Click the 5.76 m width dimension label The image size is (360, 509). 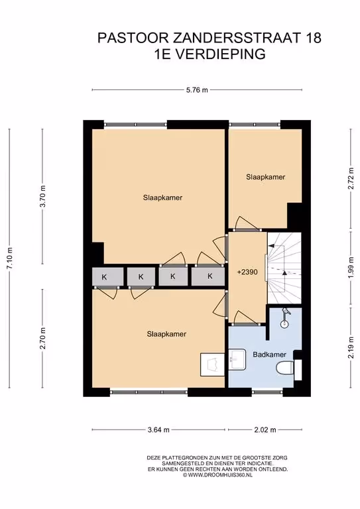(x=197, y=90)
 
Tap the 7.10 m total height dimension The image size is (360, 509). (x=10, y=258)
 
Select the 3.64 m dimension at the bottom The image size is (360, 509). (x=158, y=429)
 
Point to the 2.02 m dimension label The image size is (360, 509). (x=265, y=429)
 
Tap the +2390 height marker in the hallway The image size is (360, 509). (x=248, y=272)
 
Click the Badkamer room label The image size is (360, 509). (x=269, y=355)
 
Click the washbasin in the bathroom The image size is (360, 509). (x=237, y=359)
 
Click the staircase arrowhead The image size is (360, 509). (x=284, y=273)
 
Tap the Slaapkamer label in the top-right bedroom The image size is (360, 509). (x=266, y=177)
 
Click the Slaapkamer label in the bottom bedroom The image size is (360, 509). (x=166, y=334)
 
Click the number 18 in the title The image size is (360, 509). (x=313, y=38)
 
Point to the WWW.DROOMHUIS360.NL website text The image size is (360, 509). (x=219, y=475)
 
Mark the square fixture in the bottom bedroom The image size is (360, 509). (x=212, y=365)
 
